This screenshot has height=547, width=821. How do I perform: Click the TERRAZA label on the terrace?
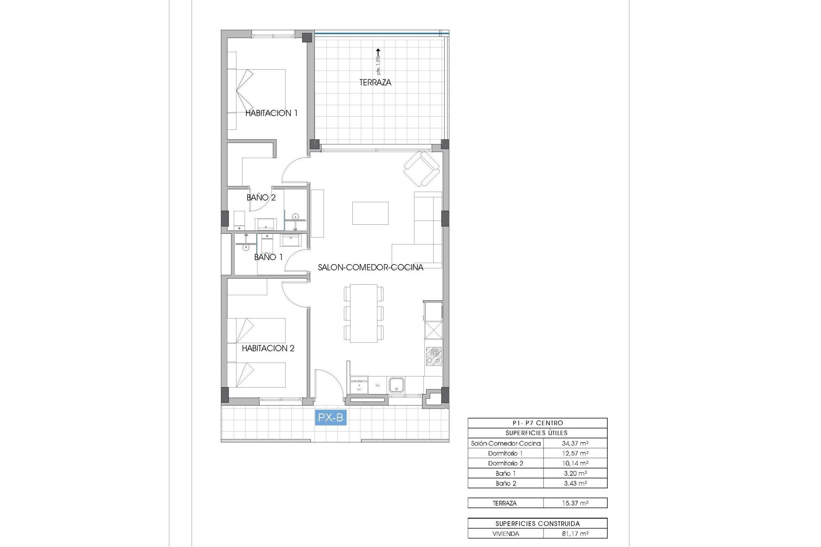tap(375, 82)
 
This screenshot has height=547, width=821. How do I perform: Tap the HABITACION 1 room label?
tap(271, 113)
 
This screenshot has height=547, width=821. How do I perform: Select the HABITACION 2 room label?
tap(268, 348)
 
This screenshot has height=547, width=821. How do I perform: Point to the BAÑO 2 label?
tap(261, 197)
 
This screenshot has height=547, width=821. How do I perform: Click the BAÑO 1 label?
tap(268, 257)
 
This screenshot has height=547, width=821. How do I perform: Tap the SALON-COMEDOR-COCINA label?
tap(370, 267)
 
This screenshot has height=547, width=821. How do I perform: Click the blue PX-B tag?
tap(331, 417)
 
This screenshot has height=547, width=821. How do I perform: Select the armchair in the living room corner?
tap(422, 169)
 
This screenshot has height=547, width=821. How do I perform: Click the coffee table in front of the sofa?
tap(370, 213)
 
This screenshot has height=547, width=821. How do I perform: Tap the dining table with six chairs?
tap(363, 313)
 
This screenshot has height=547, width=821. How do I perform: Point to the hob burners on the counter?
tap(434, 356)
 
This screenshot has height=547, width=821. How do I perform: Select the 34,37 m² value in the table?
tap(575, 444)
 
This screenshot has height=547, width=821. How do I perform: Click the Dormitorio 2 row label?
tap(505, 463)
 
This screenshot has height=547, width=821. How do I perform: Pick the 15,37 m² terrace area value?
tap(575, 503)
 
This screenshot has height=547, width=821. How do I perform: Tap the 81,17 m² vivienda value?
tap(575, 534)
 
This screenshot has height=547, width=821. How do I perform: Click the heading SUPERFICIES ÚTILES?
tap(537, 433)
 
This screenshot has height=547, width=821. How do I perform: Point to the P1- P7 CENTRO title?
tap(537, 423)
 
